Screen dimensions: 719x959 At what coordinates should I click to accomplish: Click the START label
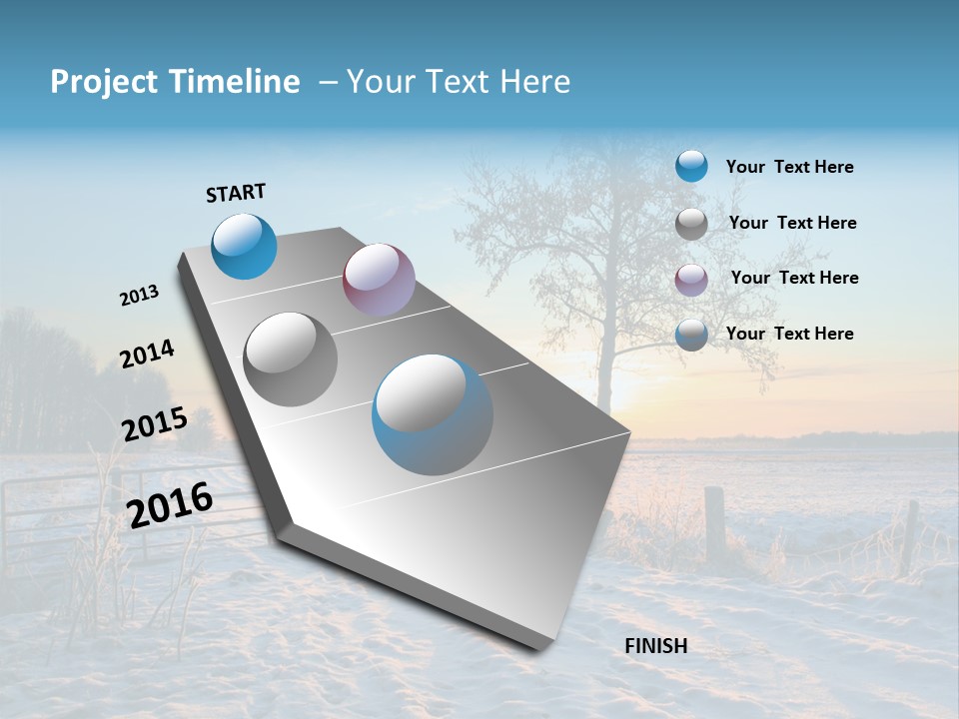click(x=236, y=193)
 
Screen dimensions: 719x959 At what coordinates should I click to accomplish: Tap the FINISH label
click(x=656, y=646)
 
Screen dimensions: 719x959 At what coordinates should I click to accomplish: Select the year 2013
click(x=140, y=296)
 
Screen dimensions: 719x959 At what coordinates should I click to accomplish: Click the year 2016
click(x=170, y=504)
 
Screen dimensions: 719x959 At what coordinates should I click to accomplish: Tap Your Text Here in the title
click(x=459, y=82)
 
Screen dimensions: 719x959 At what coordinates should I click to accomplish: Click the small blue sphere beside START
click(x=244, y=246)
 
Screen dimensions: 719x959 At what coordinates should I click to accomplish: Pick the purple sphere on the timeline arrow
click(x=379, y=279)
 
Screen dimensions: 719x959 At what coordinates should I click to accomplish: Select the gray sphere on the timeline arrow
click(x=291, y=359)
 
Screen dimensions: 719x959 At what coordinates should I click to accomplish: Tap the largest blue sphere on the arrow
click(x=433, y=414)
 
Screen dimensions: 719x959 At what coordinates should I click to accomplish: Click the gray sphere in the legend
click(x=691, y=224)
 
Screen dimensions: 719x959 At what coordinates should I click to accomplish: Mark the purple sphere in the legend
click(x=691, y=280)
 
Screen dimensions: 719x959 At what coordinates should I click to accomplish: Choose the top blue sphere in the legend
click(x=691, y=166)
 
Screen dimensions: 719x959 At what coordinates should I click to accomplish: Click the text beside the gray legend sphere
click(x=792, y=223)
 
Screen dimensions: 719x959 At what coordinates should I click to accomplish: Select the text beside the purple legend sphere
click(x=794, y=278)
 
